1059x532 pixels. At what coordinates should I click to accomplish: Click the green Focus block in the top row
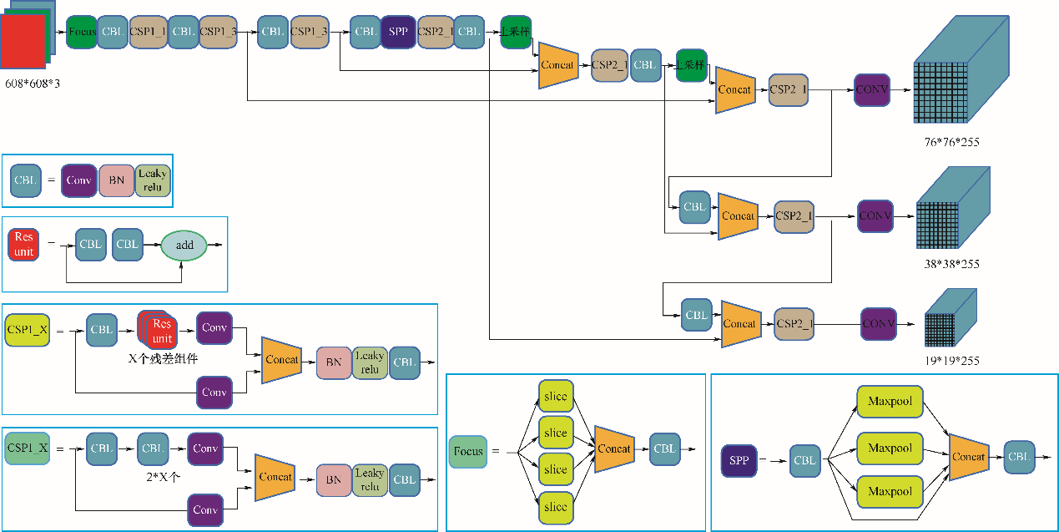(x=82, y=32)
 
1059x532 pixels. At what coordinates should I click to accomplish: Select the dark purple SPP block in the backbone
(x=398, y=32)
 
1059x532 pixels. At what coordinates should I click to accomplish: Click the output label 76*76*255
(x=951, y=142)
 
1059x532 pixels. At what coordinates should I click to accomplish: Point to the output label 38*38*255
(x=951, y=264)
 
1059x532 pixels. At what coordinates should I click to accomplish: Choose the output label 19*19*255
(x=951, y=361)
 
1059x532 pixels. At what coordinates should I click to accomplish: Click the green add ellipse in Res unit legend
(x=184, y=245)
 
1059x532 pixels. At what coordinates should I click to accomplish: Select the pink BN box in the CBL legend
(x=114, y=180)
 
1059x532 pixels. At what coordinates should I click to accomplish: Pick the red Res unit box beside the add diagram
(x=24, y=244)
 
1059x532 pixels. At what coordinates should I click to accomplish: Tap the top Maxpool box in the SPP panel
(x=890, y=402)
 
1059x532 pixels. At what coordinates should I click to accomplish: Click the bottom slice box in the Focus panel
(x=555, y=507)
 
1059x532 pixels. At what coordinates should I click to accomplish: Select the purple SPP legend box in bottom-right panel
(x=739, y=460)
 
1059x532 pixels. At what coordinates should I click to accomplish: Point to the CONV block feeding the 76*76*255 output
(x=872, y=89)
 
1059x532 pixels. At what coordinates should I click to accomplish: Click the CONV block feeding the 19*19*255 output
(x=879, y=323)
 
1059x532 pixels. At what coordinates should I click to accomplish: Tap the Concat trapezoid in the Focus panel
(x=614, y=448)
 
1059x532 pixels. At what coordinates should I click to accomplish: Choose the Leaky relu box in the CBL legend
(x=153, y=180)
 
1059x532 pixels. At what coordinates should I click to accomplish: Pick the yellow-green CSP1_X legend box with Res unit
(x=27, y=330)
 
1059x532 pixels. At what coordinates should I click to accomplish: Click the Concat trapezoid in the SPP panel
(x=969, y=457)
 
